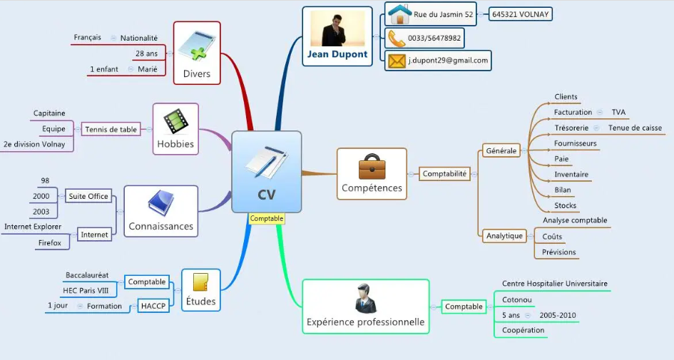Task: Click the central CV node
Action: coord(266,172)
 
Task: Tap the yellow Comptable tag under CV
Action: coord(267,219)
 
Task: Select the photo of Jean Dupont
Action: coord(337,29)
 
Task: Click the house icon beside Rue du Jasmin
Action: coord(399,14)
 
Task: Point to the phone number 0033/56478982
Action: coord(434,38)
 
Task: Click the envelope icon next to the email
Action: coord(397,61)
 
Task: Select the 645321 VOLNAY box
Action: coord(521,14)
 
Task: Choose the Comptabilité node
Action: coord(444,173)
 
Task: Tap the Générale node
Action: coord(501,151)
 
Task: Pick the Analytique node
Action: coord(504,236)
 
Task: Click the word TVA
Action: coord(618,113)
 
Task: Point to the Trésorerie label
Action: coord(571,128)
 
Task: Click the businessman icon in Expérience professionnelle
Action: coord(365,299)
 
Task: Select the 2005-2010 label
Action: coord(558,315)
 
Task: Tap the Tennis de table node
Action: coord(111,130)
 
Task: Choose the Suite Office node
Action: coord(88,196)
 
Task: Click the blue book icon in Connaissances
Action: coord(160,204)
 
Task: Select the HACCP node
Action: coord(153,306)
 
